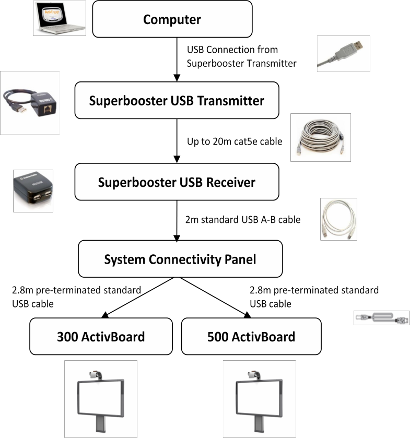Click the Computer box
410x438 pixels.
(x=172, y=19)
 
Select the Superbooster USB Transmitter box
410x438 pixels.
(x=177, y=100)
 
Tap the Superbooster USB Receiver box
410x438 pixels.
(x=177, y=182)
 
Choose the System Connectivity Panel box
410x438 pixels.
(x=180, y=259)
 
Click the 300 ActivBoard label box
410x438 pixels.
(x=101, y=337)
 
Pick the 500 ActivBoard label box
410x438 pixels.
(x=251, y=337)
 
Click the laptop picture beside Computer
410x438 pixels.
(x=60, y=18)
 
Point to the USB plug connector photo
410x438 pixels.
(x=343, y=54)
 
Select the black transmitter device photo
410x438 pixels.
(x=30, y=102)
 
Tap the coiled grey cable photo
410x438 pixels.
(x=321, y=137)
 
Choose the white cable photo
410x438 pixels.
(x=338, y=219)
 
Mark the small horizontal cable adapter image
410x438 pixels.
(x=381, y=318)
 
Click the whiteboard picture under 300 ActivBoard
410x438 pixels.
(x=101, y=398)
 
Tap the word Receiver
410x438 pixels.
(x=230, y=182)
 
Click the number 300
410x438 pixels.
(x=68, y=337)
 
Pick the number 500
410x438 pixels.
(x=219, y=337)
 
